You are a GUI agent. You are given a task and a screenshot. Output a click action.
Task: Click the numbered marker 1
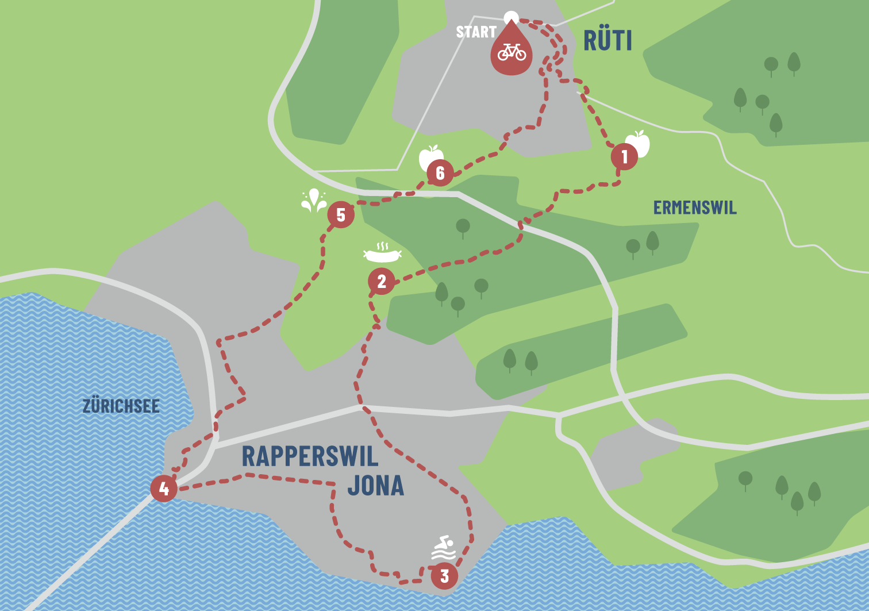[x=624, y=156]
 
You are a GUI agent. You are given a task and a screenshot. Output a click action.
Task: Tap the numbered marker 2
[x=382, y=281]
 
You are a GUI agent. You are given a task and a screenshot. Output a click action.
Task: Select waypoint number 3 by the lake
[x=444, y=575]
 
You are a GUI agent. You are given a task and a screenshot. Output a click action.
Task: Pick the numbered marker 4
[x=164, y=489]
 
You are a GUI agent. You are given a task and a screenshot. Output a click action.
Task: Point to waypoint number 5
[x=341, y=215]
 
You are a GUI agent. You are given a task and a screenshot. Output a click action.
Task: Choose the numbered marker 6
[x=440, y=173]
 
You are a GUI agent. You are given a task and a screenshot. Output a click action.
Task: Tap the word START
[x=476, y=32]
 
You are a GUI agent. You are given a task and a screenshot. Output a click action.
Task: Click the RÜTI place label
[x=607, y=40]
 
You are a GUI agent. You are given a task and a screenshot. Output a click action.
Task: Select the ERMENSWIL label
[x=695, y=207]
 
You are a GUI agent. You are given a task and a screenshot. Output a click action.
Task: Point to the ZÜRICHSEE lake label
[x=121, y=406]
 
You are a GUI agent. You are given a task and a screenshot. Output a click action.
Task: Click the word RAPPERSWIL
[x=310, y=456]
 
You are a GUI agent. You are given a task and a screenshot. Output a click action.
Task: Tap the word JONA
[x=375, y=486]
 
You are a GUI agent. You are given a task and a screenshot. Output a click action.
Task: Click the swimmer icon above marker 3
[x=444, y=548]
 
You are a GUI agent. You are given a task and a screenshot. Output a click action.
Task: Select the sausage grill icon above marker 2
[x=382, y=252]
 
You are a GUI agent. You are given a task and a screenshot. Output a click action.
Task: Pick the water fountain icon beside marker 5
[x=314, y=201]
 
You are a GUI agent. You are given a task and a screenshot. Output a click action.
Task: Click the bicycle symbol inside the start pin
[x=512, y=52]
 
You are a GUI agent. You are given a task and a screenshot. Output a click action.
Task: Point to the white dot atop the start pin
[x=511, y=17]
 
